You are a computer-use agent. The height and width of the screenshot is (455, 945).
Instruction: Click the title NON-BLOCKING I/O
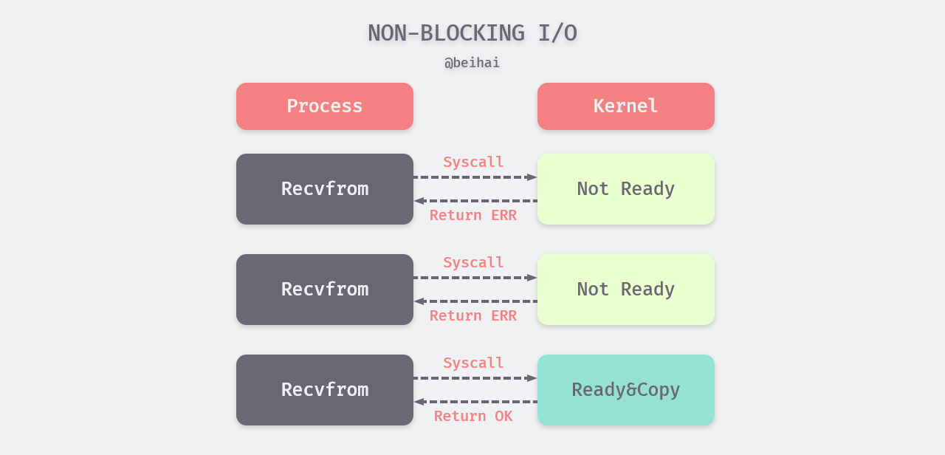(x=472, y=33)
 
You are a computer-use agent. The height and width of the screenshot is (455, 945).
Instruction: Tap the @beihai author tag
(x=472, y=63)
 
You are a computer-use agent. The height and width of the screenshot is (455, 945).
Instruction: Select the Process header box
(x=325, y=106)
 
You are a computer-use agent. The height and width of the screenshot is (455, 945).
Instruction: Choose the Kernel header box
(x=626, y=106)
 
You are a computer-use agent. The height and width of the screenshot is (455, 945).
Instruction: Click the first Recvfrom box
(x=325, y=189)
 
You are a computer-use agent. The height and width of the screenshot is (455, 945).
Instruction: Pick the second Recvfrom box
(x=325, y=290)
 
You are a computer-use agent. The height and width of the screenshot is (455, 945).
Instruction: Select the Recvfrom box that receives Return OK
(x=325, y=390)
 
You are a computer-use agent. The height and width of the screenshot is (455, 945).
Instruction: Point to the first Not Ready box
(x=626, y=189)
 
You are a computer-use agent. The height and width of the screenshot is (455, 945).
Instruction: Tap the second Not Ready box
(x=626, y=290)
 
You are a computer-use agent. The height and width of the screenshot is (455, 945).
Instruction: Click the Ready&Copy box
(x=626, y=390)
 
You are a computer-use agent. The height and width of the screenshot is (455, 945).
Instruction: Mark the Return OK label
(x=473, y=416)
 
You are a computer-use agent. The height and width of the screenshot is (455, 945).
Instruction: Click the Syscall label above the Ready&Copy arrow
(x=473, y=363)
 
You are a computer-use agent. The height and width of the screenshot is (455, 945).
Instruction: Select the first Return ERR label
(x=473, y=215)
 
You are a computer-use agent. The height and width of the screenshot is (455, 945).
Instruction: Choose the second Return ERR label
(x=473, y=315)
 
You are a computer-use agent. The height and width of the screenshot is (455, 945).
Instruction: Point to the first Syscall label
(x=473, y=162)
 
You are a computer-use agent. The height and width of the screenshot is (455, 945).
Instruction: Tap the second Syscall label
(x=473, y=262)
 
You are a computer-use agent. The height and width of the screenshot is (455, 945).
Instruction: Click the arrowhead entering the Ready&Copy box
(x=532, y=378)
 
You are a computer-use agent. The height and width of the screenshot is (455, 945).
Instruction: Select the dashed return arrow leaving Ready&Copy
(x=475, y=402)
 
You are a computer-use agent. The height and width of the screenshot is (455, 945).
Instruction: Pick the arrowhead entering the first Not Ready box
(x=532, y=177)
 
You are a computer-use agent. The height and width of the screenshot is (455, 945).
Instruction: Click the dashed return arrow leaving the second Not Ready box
(x=475, y=301)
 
